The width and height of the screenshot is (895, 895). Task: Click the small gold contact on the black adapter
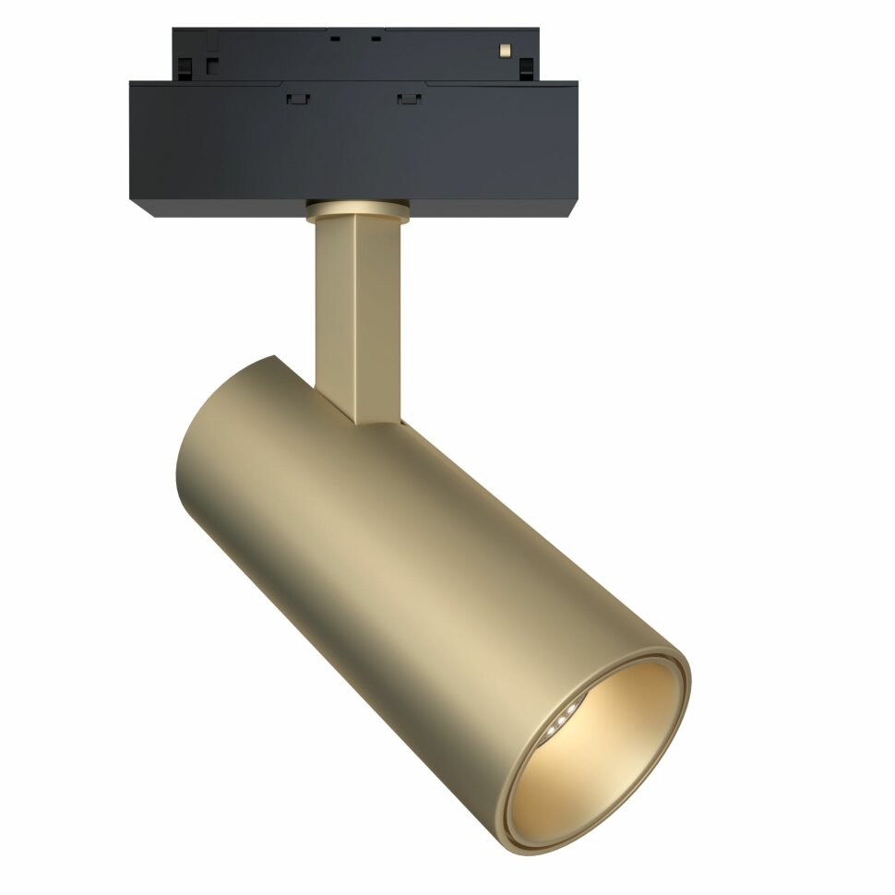pyautogui.click(x=504, y=47)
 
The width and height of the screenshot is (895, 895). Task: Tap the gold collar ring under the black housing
pyautogui.click(x=356, y=211)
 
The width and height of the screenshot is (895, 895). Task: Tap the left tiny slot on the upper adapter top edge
pyautogui.click(x=335, y=39)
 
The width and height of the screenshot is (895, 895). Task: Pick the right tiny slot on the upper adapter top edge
pyautogui.click(x=376, y=39)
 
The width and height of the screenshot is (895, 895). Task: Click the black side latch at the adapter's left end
pyautogui.click(x=185, y=66)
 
